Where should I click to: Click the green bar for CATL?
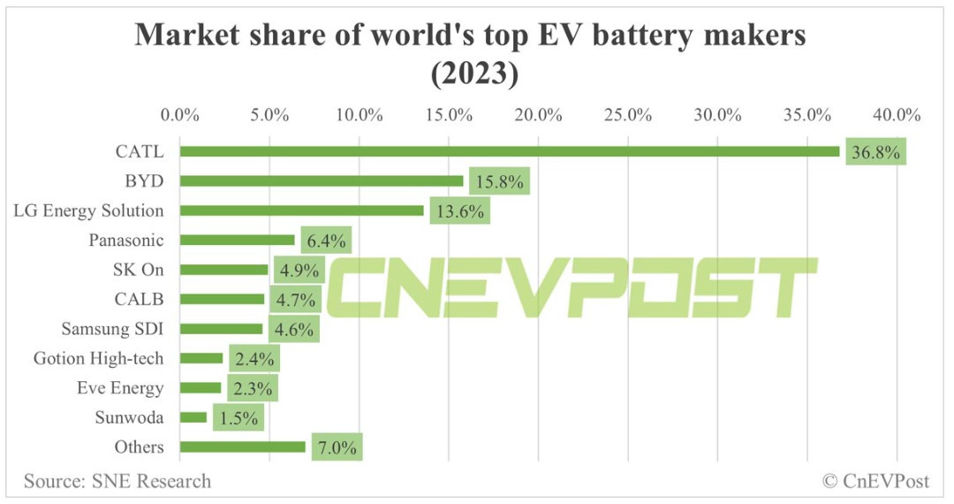510,151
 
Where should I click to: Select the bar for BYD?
322,181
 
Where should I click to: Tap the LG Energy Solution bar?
302,210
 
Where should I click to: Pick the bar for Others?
243,447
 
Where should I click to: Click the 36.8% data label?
875,152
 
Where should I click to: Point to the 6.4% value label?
326,241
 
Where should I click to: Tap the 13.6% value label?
459,211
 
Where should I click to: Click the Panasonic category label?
126,240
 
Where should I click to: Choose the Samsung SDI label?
113,328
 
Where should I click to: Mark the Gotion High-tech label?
99,358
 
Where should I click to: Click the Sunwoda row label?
129,417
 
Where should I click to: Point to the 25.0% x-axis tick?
628,115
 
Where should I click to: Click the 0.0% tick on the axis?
180,115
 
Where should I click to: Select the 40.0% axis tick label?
897,115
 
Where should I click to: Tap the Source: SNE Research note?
117,481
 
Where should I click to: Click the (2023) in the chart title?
473,75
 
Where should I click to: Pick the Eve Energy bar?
201,387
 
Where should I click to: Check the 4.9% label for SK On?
298,270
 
